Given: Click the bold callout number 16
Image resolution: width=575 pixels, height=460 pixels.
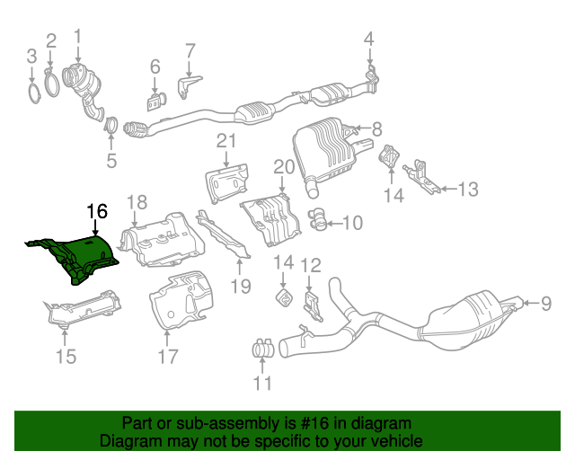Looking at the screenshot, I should pyautogui.click(x=97, y=212).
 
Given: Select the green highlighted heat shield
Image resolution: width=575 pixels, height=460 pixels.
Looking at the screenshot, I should pyautogui.click(x=81, y=254).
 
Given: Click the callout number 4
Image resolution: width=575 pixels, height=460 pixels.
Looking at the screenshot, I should pyautogui.click(x=368, y=38).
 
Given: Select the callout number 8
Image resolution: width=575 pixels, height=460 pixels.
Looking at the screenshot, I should pyautogui.click(x=376, y=128).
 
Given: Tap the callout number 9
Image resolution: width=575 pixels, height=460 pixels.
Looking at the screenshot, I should pyautogui.click(x=544, y=304).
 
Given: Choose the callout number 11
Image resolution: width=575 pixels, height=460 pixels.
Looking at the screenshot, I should pyautogui.click(x=262, y=385).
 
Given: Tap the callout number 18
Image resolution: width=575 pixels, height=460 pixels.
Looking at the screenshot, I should pyautogui.click(x=136, y=201).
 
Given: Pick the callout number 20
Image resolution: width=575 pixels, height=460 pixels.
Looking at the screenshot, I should pyautogui.click(x=284, y=166).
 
